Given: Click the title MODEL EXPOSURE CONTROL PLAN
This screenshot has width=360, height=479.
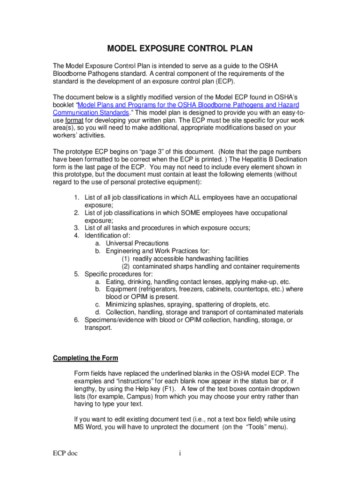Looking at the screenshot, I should click(x=180, y=49).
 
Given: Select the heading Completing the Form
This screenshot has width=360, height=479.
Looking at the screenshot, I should click(x=85, y=358).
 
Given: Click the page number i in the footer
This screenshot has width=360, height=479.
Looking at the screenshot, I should click(x=180, y=453).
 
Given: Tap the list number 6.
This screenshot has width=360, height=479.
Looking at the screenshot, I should click(x=76, y=320).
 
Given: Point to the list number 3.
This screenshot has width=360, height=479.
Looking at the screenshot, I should click(x=76, y=228).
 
